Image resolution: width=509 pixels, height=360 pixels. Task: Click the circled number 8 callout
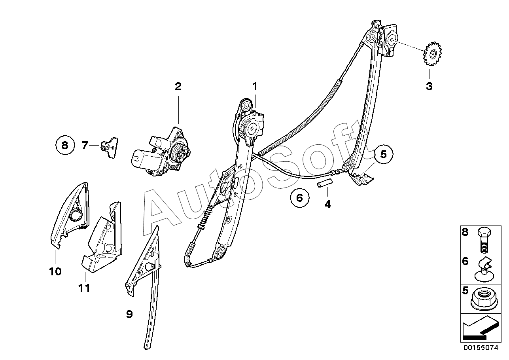(65, 145)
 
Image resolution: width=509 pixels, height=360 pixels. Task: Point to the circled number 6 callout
(299, 197)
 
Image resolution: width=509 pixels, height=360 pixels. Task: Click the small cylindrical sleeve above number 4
(324, 185)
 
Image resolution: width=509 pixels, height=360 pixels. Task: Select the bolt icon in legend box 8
(484, 240)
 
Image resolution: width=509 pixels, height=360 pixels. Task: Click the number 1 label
(255, 86)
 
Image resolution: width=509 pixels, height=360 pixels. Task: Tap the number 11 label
(84, 288)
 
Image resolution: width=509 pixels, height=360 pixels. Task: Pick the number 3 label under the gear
(429, 86)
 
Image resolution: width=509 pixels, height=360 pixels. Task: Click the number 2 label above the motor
(178, 86)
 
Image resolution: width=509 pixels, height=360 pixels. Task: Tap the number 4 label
(327, 204)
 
